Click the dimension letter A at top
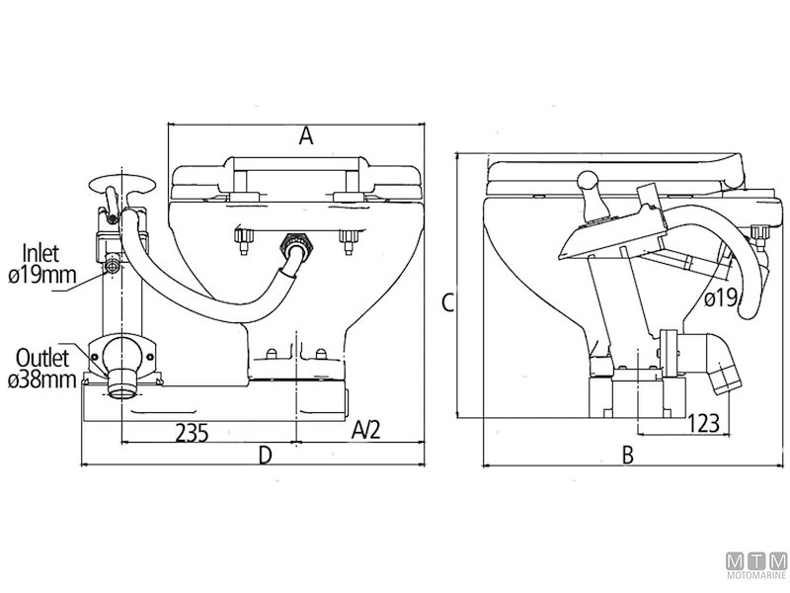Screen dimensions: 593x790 [x=306, y=137]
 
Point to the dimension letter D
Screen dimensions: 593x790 [x=265, y=455]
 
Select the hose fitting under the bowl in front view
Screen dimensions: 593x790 [x=292, y=246]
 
